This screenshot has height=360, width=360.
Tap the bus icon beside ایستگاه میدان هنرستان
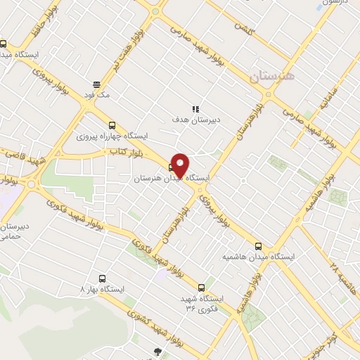[172, 167]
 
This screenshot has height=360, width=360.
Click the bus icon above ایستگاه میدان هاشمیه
[258, 245]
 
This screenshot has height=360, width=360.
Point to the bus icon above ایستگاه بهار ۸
[103, 278]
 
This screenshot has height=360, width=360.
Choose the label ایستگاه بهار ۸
[103, 289]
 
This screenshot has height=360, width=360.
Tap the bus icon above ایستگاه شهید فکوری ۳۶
[202, 287]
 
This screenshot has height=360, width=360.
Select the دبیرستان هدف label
[196, 120]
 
